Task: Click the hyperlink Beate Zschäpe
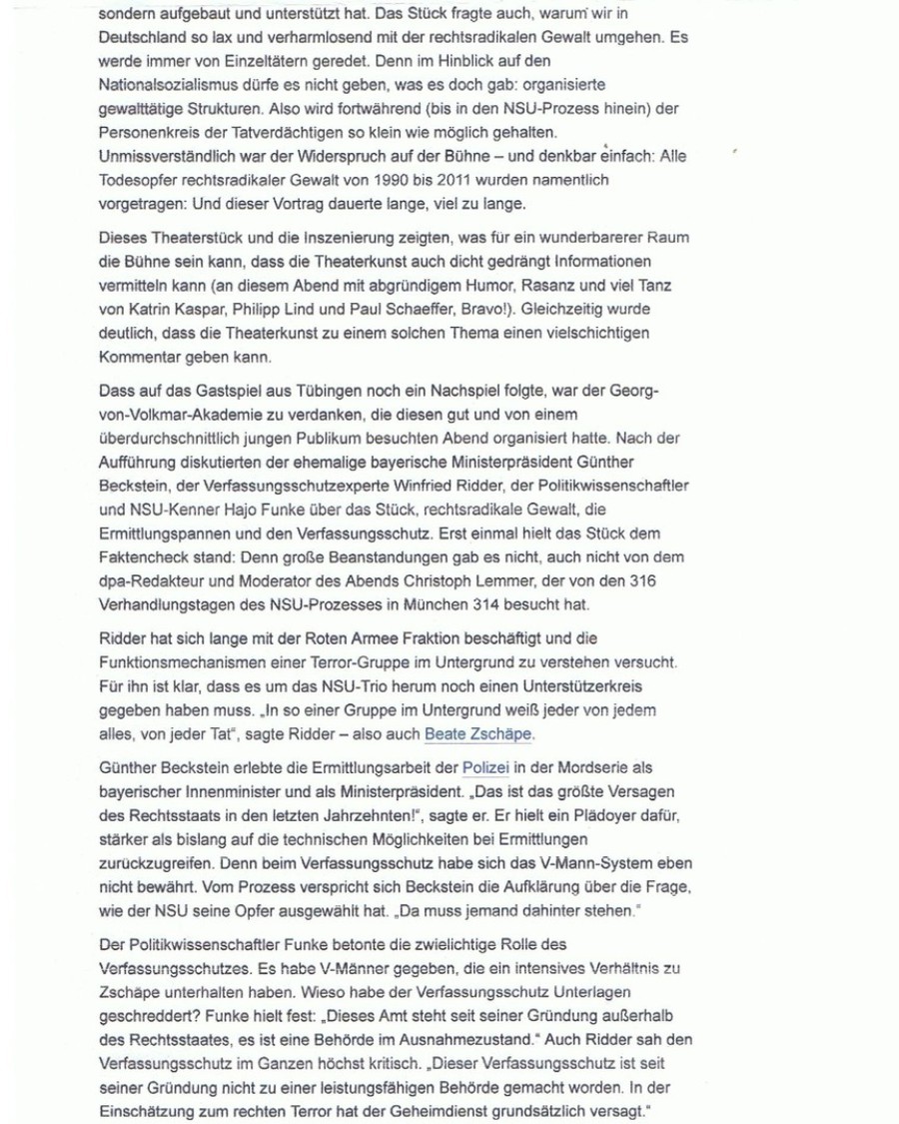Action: click(x=478, y=734)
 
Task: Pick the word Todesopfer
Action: click(x=139, y=180)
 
